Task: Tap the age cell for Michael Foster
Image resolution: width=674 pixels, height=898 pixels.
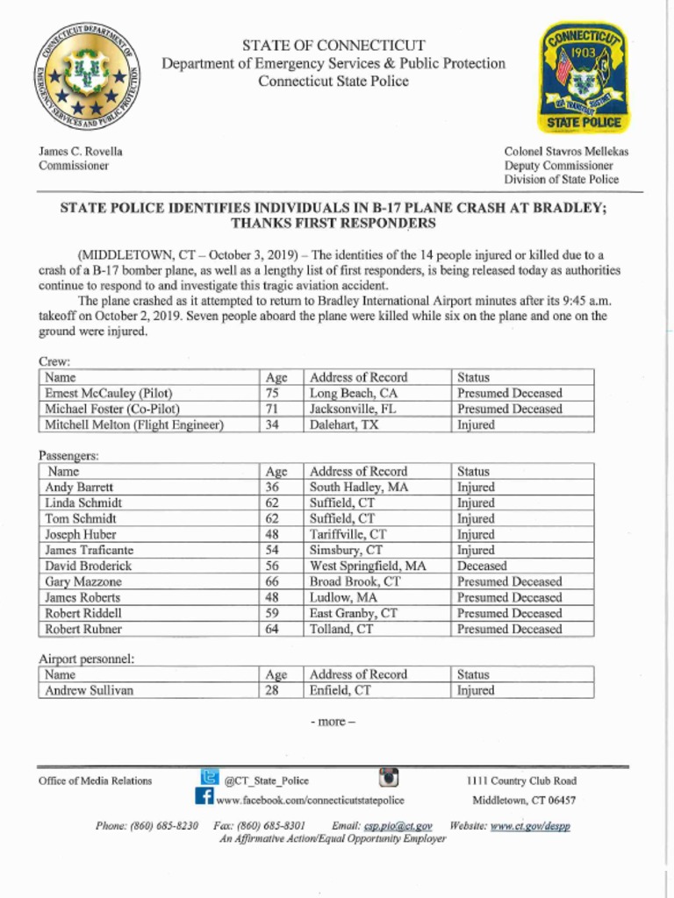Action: coord(272,410)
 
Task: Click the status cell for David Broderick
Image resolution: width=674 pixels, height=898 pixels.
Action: coord(482,567)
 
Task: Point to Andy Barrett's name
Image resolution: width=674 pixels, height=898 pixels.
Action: coord(79,488)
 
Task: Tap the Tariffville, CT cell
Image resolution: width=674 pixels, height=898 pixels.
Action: coord(348,535)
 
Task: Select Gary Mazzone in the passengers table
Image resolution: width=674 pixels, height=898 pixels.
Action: coord(83,582)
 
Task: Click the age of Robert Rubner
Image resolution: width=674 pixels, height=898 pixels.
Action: coord(272,630)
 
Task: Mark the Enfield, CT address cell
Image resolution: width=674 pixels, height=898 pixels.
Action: coord(340,691)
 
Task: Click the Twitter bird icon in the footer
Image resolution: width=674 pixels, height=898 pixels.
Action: coord(210,777)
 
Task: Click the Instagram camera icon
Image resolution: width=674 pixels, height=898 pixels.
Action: coord(389,778)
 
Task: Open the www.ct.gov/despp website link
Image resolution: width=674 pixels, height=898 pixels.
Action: coord(530,826)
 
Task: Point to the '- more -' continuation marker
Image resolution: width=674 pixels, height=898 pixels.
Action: coord(333,722)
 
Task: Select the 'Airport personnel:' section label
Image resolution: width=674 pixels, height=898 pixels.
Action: coord(86,659)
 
